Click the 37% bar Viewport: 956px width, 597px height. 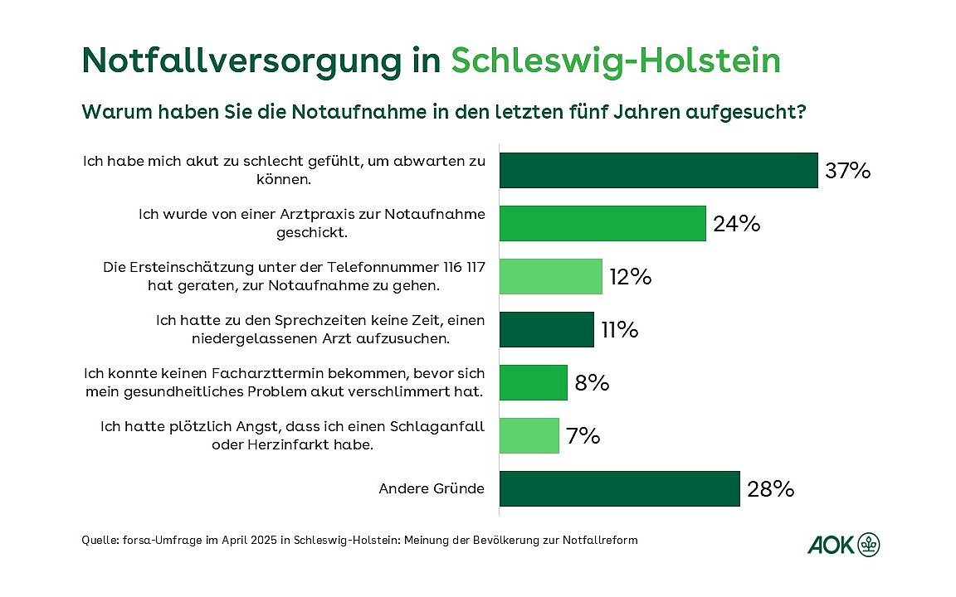coord(658,171)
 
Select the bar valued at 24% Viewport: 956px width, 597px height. coord(602,224)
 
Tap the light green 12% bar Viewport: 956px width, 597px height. coord(550,276)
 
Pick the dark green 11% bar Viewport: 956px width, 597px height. coord(546,329)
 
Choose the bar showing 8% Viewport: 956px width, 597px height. coord(533,382)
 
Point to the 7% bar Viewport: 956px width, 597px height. coord(529,435)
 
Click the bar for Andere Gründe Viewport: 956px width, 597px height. coord(619,488)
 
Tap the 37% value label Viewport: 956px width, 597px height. coord(847,172)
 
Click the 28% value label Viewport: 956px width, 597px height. coord(771,489)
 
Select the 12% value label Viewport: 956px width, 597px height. coord(629,277)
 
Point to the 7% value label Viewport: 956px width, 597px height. coord(583,436)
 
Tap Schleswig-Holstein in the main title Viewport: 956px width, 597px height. coord(615,61)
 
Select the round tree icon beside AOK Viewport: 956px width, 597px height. coord(869,544)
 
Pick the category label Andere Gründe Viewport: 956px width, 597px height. coord(432,489)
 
